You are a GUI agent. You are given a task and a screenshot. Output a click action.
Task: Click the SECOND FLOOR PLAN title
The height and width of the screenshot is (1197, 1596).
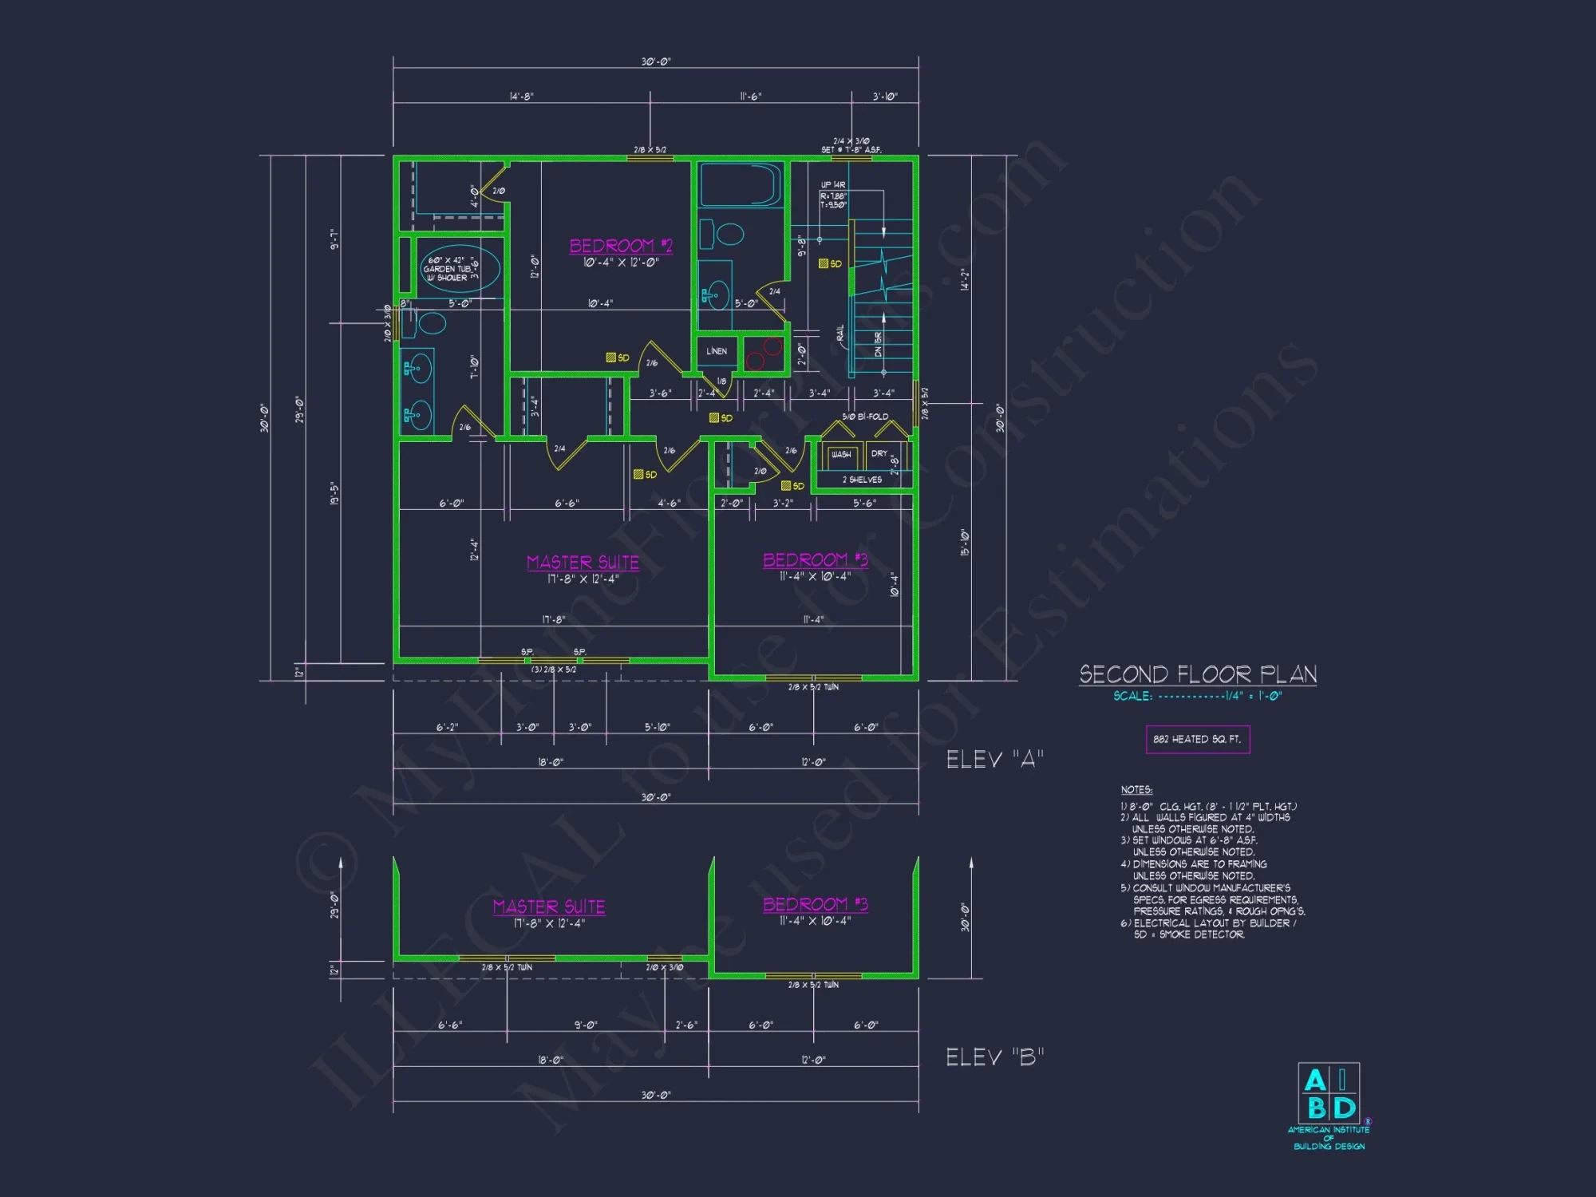click(x=1198, y=674)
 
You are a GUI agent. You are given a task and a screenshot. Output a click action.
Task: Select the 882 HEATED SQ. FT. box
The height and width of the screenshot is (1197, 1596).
click(x=1197, y=739)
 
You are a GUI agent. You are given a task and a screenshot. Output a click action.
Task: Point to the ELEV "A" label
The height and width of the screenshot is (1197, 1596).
click(x=994, y=759)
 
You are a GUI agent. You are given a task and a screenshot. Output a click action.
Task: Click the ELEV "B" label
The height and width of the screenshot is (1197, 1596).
click(x=994, y=1057)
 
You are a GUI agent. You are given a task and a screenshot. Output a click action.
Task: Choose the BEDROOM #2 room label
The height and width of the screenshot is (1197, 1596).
click(x=621, y=246)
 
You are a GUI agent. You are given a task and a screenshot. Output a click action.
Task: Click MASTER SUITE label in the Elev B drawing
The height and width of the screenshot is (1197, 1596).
click(x=549, y=907)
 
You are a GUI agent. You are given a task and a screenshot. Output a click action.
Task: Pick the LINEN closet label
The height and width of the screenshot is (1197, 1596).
click(x=717, y=351)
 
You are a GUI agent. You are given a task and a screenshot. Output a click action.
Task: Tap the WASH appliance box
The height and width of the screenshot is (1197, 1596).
click(x=841, y=454)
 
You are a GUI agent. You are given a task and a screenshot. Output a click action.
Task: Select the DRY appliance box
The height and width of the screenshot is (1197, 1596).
click(x=879, y=453)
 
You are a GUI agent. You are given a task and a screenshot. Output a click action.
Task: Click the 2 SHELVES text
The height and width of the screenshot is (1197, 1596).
click(x=862, y=480)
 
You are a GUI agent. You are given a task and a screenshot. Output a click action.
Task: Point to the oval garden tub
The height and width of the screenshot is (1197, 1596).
click(x=460, y=268)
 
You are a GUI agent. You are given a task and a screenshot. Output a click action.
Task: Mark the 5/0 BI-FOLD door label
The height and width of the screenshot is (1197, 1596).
click(x=865, y=417)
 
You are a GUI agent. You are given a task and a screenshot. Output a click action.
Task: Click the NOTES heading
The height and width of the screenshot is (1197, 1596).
click(x=1136, y=790)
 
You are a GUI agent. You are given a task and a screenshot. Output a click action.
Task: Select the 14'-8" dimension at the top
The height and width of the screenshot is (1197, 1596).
click(x=522, y=97)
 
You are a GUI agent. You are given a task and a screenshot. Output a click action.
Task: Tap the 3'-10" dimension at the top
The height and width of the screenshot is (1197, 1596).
click(x=885, y=97)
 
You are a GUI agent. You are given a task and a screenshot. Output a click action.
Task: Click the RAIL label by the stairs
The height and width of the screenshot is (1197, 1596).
click(x=839, y=334)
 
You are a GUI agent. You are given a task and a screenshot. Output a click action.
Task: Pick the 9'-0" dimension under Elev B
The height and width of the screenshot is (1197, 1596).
click(x=586, y=1025)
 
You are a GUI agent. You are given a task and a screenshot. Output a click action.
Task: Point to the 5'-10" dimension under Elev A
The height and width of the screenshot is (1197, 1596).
click(x=658, y=727)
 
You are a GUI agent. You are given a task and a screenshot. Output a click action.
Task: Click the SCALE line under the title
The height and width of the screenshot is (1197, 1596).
click(x=1197, y=696)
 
